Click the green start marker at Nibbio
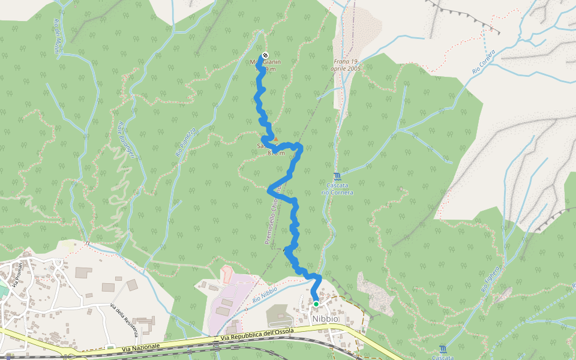click(316, 304)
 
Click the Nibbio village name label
click(325, 319)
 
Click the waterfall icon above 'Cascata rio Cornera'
click(337, 176)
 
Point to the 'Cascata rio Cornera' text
click(337, 189)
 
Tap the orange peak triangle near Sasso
click(275, 139)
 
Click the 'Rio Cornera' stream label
click(484, 62)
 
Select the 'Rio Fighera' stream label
click(490, 278)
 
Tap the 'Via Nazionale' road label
click(141, 347)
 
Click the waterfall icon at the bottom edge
click(443, 349)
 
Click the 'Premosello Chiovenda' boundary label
click(274, 216)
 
